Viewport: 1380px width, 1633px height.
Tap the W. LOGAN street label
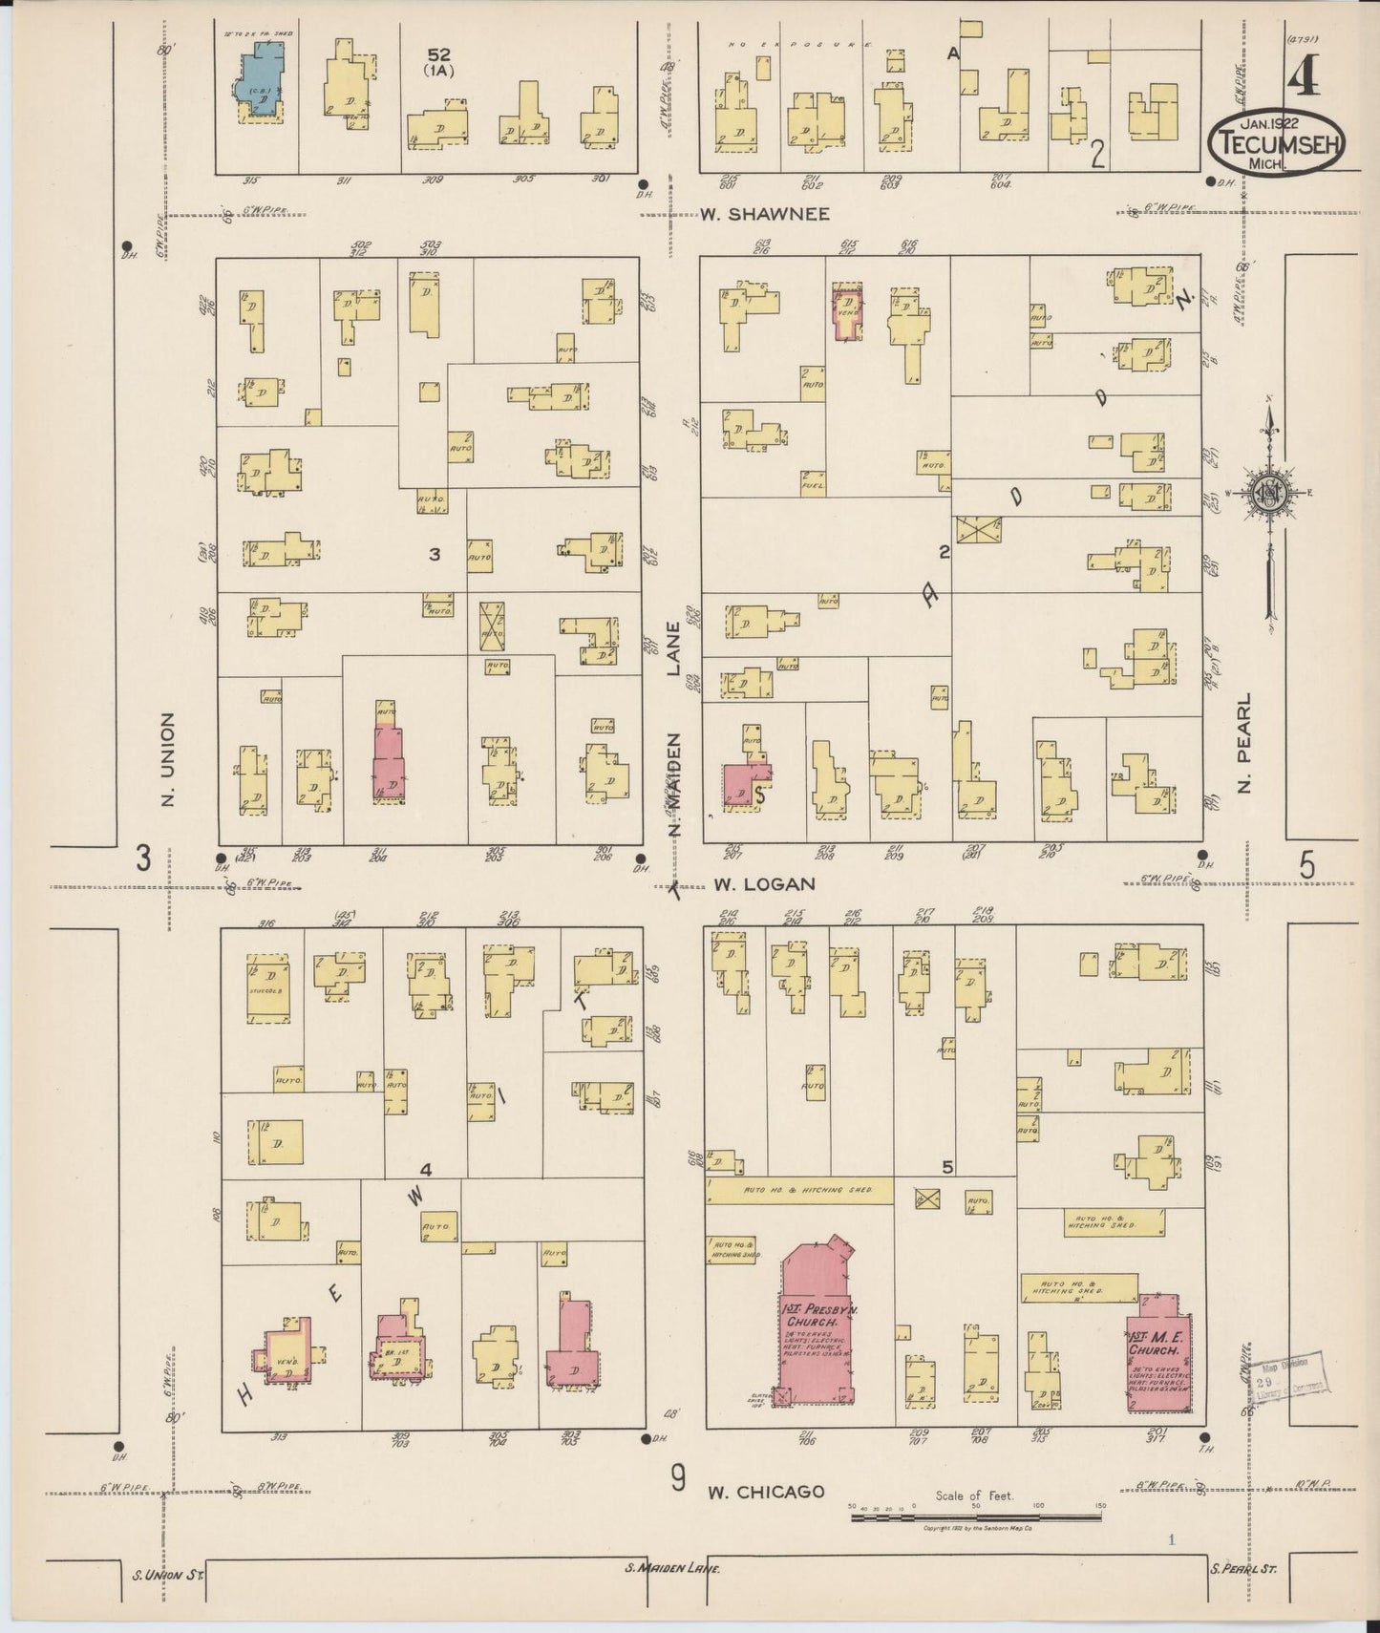coord(764,885)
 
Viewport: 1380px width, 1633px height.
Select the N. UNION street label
coord(168,759)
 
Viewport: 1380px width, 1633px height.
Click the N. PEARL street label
coord(1243,743)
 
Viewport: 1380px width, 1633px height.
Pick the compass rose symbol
coord(1270,493)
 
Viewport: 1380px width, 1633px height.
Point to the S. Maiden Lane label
coord(671,1569)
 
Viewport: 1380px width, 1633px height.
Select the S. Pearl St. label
coord(1242,1568)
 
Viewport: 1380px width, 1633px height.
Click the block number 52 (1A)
coord(439,62)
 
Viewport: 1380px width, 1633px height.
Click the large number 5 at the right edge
coord(1306,865)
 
